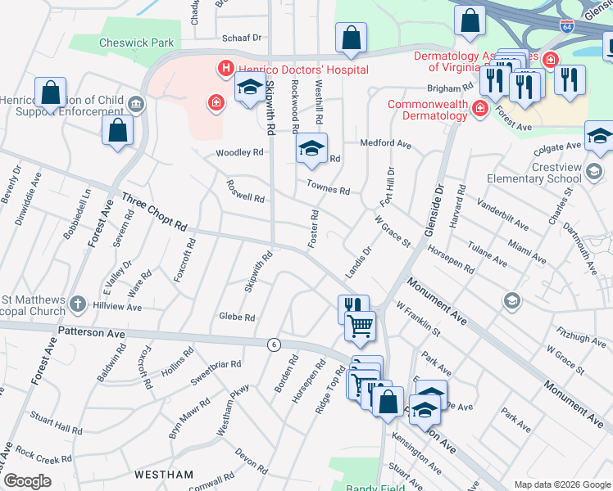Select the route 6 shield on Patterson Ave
tap(274, 345)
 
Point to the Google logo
tap(27, 481)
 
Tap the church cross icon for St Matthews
tap(78, 304)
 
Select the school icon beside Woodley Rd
tap(311, 148)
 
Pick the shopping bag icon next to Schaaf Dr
tap(351, 38)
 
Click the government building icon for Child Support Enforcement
tap(135, 104)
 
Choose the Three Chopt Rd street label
tap(155, 212)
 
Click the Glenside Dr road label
tap(434, 209)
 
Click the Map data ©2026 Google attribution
tap(561, 484)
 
